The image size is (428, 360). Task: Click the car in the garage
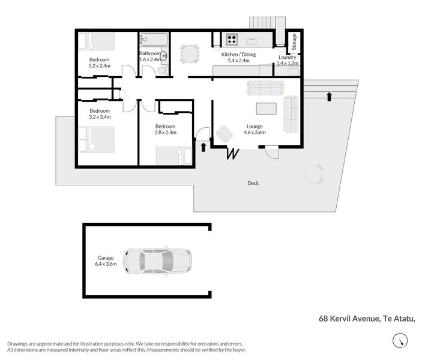point(157,262)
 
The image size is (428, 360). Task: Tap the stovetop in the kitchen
point(232,39)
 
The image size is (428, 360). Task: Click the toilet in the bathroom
point(163,70)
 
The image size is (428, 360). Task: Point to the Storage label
point(294,42)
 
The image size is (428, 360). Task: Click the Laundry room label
point(287,61)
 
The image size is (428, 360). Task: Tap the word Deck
point(253,183)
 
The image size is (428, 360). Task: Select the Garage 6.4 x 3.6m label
point(106,261)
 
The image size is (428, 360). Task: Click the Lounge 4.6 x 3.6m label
point(255,130)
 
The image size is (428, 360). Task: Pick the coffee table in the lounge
point(266,109)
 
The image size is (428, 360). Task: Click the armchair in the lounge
point(225,134)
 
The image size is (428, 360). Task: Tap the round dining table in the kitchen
point(190,54)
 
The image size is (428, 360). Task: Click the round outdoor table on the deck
point(313,174)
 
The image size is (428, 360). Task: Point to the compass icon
point(400,341)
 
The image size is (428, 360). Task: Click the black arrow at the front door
point(203,147)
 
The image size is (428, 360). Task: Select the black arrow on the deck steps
point(329,97)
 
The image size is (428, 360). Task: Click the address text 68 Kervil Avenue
point(349,319)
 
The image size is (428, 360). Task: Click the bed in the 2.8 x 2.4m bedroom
point(174,155)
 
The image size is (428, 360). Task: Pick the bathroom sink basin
point(164,56)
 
